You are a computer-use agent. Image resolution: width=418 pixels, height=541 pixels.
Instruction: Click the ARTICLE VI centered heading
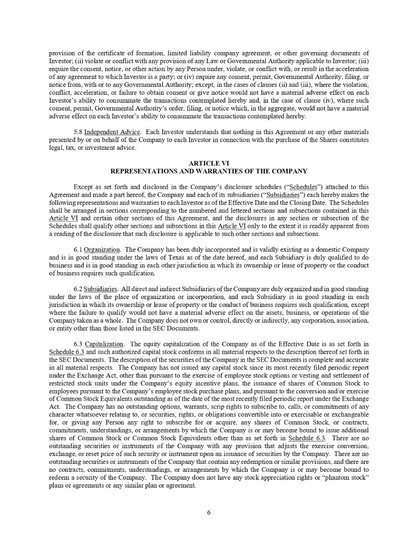pos(209,163)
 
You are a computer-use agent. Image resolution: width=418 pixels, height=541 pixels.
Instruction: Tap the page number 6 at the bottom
pos(209,513)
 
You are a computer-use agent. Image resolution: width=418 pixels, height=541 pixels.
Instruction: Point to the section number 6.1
pos(78,249)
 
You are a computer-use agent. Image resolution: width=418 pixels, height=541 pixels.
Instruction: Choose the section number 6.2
pos(78,289)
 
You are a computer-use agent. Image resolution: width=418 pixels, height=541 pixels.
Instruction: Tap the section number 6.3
pos(78,344)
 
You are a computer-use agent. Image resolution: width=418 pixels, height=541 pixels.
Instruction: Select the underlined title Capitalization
pos(104,344)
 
